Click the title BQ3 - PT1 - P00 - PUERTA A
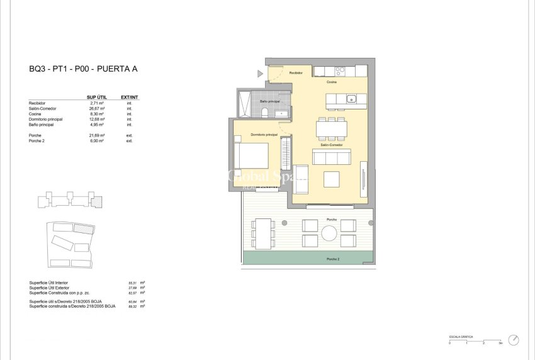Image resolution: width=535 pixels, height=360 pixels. click(82, 69)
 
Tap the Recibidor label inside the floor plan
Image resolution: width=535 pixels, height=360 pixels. click(296, 73)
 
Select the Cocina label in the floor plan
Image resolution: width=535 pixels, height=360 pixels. click(332, 82)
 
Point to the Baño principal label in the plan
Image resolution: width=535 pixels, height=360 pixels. click(269, 101)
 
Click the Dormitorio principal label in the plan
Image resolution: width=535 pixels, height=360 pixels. click(264, 135)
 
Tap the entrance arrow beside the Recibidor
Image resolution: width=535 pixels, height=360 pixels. click(260, 74)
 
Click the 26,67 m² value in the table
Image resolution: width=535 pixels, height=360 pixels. click(97, 108)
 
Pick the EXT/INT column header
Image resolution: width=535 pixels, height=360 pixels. click(129, 97)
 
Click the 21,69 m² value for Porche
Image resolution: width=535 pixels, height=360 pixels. click(97, 135)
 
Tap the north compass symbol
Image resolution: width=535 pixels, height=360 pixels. click(514, 340)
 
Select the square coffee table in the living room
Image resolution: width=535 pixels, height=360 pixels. click(332, 179)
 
